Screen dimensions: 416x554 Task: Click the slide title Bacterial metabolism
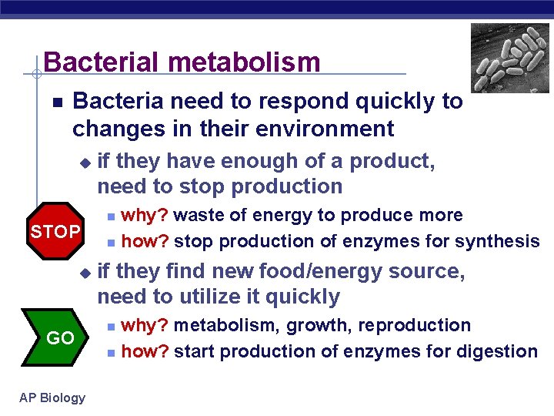click(x=182, y=62)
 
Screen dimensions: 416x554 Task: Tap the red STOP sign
click(x=55, y=231)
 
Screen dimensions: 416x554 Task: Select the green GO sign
click(x=59, y=338)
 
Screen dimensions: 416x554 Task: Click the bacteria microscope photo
click(x=510, y=58)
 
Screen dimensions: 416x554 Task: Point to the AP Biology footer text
click(x=53, y=398)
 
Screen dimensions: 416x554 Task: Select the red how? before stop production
click(x=145, y=241)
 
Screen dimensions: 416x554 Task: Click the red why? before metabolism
click(x=145, y=325)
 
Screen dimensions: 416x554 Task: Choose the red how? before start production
click(x=145, y=351)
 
